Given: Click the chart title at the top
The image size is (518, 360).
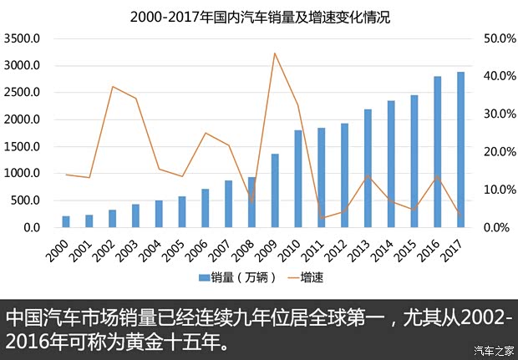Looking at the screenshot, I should (x=260, y=16).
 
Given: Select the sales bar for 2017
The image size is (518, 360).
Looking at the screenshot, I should (x=460, y=150).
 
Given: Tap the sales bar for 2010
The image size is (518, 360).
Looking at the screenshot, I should (x=298, y=179).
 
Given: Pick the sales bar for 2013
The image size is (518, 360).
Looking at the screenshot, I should (x=368, y=169).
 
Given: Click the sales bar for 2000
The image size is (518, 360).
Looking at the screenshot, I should (x=66, y=221).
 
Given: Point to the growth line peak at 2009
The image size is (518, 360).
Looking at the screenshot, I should (x=275, y=53).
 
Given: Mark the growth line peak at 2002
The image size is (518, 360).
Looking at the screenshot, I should (x=113, y=86).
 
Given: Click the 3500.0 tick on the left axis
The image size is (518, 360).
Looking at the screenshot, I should (x=23, y=38).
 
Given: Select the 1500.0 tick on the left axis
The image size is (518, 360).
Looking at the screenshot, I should (x=23, y=146).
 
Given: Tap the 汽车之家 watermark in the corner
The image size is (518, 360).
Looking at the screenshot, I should (x=493, y=349).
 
